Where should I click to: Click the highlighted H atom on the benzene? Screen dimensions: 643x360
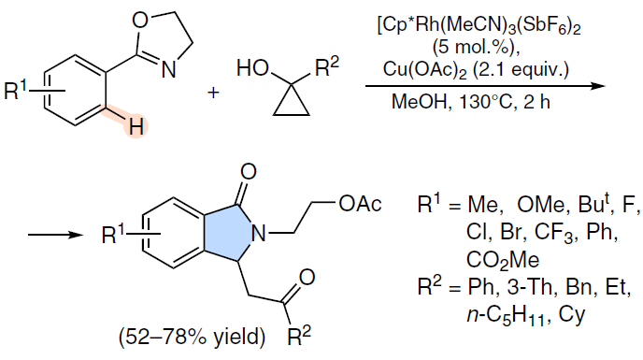[x=136, y=127]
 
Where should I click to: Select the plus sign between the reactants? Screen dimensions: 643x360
[x=213, y=93]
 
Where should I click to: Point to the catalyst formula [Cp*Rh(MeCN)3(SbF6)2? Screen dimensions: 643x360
[x=479, y=26]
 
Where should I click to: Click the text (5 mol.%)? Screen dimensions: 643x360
[x=476, y=48]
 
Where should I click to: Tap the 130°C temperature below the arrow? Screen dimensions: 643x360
[x=486, y=101]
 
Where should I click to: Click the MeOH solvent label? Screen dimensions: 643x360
[x=420, y=101]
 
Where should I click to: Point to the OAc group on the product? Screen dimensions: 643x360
[x=360, y=204]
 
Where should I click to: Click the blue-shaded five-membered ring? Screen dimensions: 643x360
[x=227, y=233]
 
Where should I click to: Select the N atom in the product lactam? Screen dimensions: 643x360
[x=259, y=234]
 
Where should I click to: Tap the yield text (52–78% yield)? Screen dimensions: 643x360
[x=192, y=337]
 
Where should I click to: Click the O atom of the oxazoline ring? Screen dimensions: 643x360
[x=140, y=21]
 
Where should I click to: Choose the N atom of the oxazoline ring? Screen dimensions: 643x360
[x=168, y=69]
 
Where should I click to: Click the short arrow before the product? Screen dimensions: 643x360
[x=55, y=235]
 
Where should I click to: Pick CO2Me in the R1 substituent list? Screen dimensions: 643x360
[x=503, y=260]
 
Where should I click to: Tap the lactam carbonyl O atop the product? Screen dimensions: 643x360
[x=249, y=171]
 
